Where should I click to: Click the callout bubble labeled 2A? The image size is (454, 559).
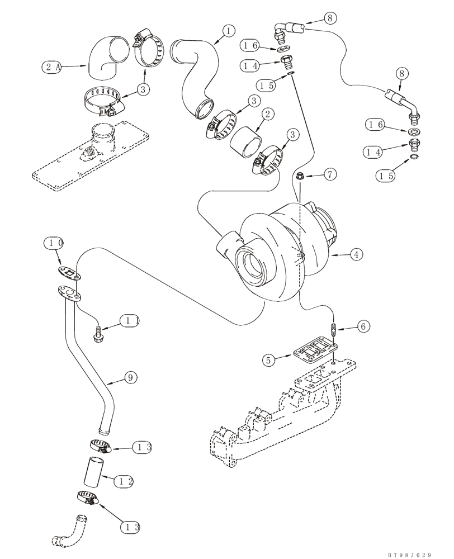pyautogui.click(x=51, y=67)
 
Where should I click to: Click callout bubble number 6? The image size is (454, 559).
pyautogui.click(x=364, y=326)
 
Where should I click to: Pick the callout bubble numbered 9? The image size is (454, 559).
pyautogui.click(x=130, y=378)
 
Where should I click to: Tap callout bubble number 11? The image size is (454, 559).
pyautogui.click(x=130, y=321)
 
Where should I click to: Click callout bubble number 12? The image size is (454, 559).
pyautogui.click(x=126, y=481)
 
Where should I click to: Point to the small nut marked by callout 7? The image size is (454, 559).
pyautogui.click(x=300, y=177)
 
